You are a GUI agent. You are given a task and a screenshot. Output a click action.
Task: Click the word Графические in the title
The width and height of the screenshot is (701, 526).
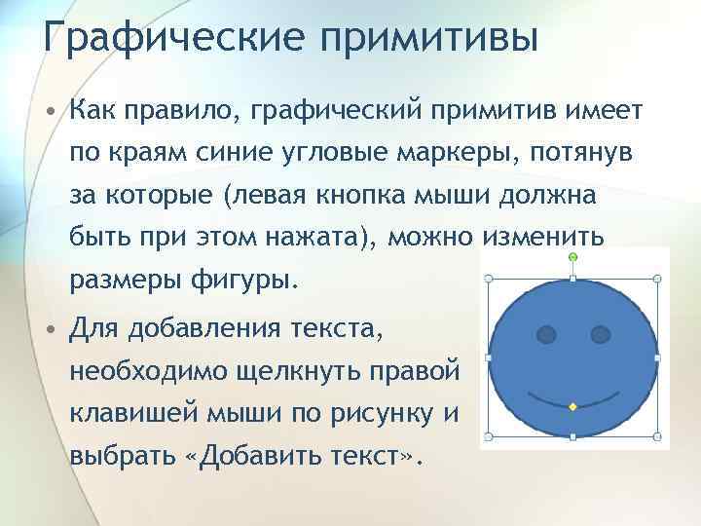pos(155,40)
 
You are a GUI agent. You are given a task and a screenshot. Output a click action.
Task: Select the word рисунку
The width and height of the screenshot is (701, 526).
pos(387,414)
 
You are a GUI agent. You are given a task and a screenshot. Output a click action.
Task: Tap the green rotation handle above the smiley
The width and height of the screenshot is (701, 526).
pos(572,257)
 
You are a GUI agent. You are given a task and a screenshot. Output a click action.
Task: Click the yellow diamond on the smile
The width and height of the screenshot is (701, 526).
pos(572,404)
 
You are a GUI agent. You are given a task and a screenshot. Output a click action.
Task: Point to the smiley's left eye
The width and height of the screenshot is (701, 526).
pos(547,336)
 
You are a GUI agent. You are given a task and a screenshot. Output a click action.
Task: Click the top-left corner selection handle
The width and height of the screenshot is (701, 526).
pos(488,280)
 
